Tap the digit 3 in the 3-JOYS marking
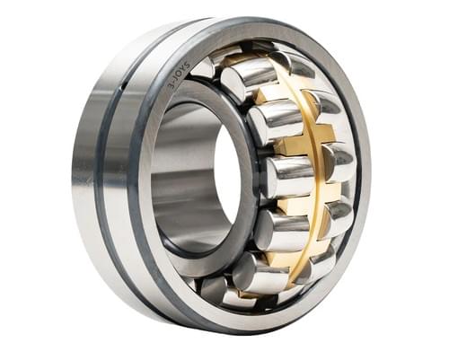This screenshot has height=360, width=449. [x=168, y=85]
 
